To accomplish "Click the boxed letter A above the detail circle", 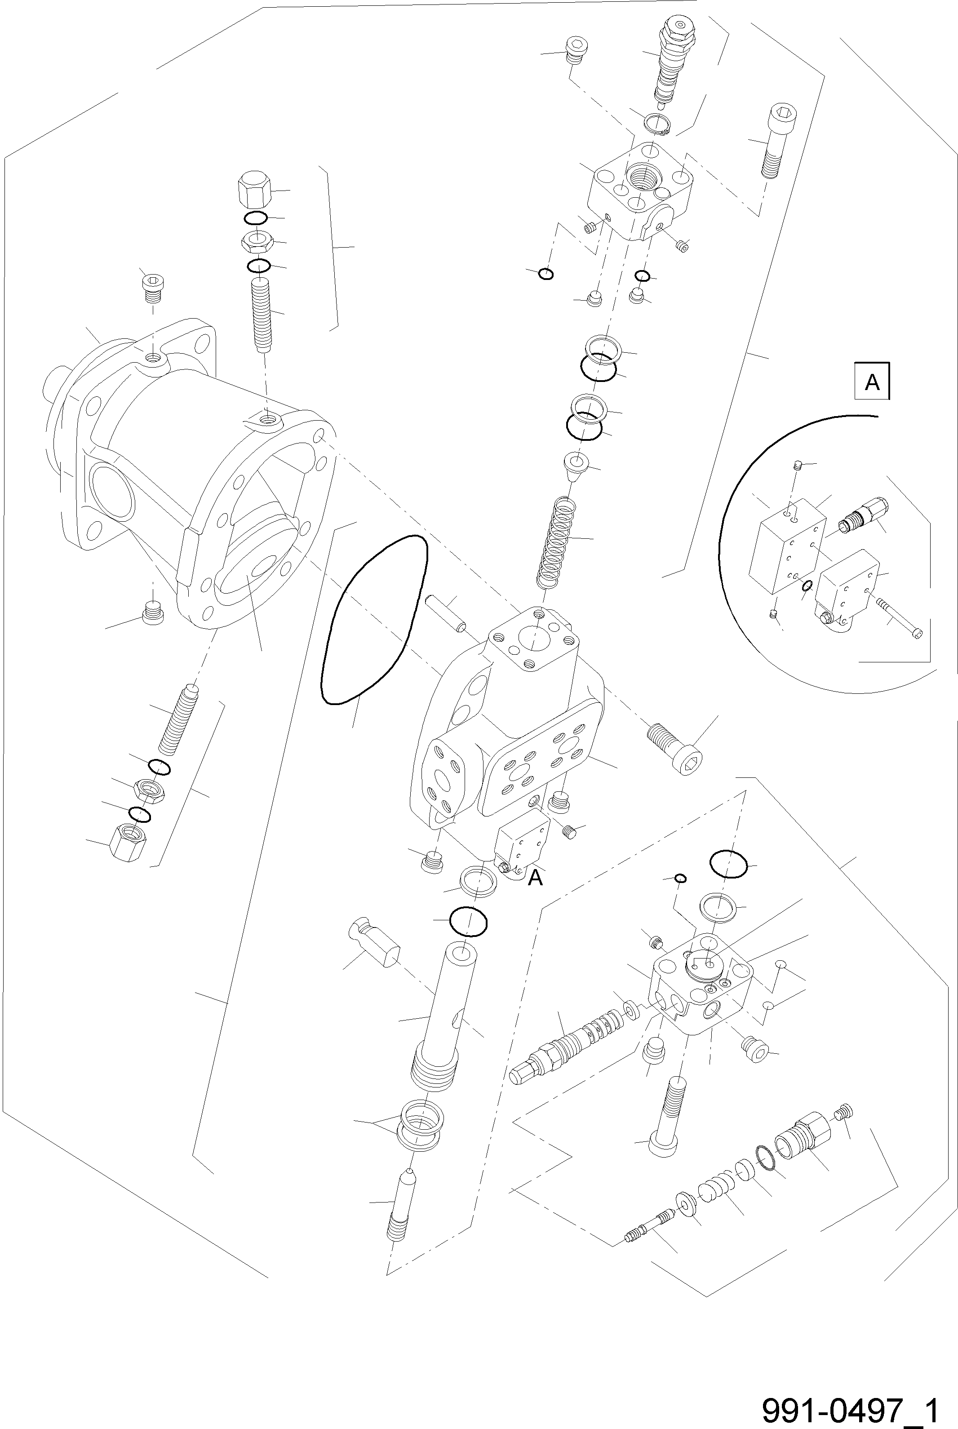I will [872, 382].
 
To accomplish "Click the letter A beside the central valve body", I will [535, 877].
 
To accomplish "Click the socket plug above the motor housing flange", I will [153, 287].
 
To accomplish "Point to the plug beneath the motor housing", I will [153, 613].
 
